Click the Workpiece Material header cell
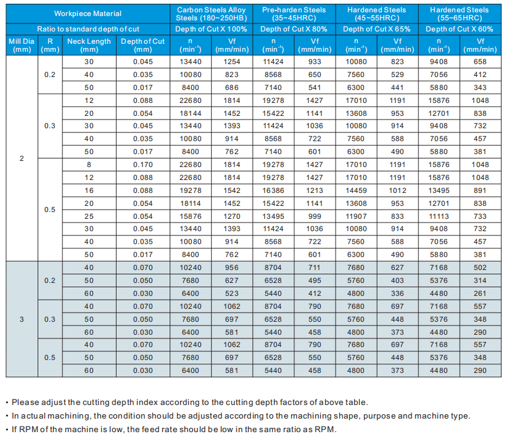point(88,14)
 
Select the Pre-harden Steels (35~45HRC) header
point(294,14)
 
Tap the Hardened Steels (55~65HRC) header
point(459,14)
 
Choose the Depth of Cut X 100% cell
point(211,29)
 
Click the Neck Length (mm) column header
point(89,45)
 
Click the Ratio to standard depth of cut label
point(88,29)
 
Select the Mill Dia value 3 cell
point(22,319)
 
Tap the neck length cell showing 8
point(89,165)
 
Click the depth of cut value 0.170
point(143,165)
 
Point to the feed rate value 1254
point(232,62)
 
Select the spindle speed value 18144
point(190,113)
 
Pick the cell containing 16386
point(273,190)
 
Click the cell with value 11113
point(439,216)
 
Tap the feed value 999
point(315,216)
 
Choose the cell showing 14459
point(356,190)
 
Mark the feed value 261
point(481,293)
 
